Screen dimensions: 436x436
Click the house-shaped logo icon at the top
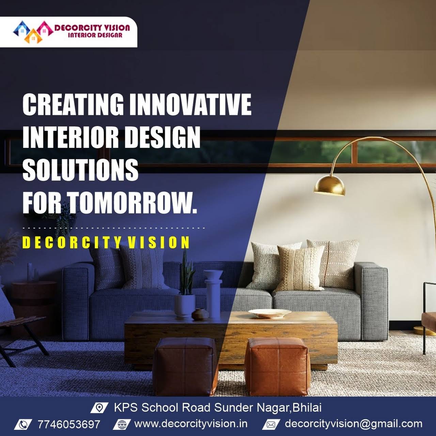coord(33,32)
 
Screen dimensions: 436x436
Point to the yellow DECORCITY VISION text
coord(106,243)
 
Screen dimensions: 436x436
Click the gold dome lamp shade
coord(329,185)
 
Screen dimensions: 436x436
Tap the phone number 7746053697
coord(69,424)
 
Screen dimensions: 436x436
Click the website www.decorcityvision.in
coord(191,424)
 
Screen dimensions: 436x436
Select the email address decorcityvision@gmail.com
coord(354,424)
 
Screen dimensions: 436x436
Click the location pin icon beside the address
coord(99,407)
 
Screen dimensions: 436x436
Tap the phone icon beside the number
coord(24,424)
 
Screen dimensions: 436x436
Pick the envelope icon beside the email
coord(271,424)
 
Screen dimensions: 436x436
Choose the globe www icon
coord(122,424)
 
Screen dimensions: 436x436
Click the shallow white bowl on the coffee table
coord(269,313)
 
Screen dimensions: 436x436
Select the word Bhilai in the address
coord(307,407)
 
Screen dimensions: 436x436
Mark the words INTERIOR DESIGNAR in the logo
coord(95,35)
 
